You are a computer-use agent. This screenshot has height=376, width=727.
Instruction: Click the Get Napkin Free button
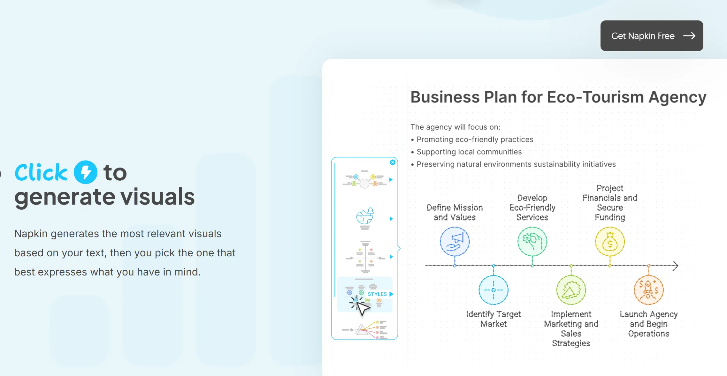click(x=652, y=36)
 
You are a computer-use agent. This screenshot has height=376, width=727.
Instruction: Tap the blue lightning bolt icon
click(x=86, y=172)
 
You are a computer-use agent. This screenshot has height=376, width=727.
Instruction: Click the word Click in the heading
click(x=41, y=172)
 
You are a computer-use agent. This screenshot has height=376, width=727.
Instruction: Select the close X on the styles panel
click(x=393, y=162)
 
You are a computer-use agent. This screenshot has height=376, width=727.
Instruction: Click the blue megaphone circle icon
click(x=455, y=242)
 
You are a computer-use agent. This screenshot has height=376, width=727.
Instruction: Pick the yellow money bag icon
click(x=610, y=242)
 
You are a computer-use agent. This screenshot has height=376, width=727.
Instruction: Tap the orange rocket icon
click(x=649, y=290)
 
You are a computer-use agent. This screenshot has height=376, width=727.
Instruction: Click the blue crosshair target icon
click(x=494, y=290)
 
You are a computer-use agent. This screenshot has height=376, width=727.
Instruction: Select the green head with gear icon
click(x=532, y=242)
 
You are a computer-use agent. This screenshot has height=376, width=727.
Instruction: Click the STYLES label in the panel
click(x=377, y=294)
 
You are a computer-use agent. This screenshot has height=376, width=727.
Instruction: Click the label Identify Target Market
click(x=494, y=319)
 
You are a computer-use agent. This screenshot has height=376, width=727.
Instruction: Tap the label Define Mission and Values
click(x=455, y=212)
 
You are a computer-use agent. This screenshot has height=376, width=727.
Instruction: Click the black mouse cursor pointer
click(x=362, y=308)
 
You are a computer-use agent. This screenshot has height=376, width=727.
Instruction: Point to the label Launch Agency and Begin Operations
click(x=649, y=324)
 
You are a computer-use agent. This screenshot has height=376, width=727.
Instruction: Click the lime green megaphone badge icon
click(x=571, y=290)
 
